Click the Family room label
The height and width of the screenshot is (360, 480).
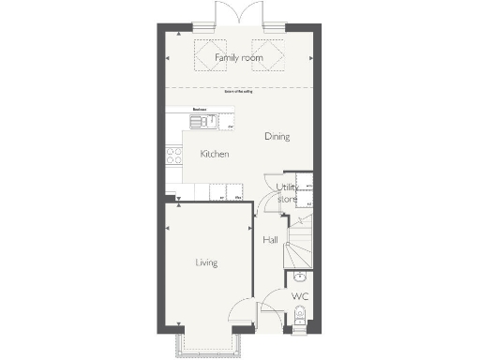pyautogui.click(x=238, y=58)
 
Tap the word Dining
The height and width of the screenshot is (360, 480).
pyautogui.click(x=277, y=137)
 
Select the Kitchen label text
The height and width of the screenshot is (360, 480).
pyautogui.click(x=215, y=154)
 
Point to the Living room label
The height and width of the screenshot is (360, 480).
pyautogui.click(x=206, y=262)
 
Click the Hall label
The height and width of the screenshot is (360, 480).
pyautogui.click(x=270, y=240)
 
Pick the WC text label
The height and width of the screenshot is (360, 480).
pyautogui.click(x=299, y=297)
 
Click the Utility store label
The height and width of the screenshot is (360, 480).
pyautogui.click(x=288, y=193)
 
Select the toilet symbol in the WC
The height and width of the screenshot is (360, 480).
pyautogui.click(x=296, y=324)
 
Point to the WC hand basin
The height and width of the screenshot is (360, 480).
pyautogui.click(x=298, y=277)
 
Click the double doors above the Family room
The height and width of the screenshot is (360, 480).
pyautogui.click(x=236, y=14)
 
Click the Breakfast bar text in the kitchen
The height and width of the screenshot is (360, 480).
pyautogui.click(x=200, y=110)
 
